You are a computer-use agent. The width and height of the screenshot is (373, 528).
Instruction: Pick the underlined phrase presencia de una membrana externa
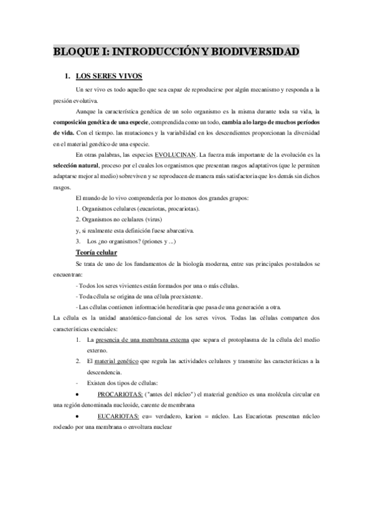[x=143, y=340]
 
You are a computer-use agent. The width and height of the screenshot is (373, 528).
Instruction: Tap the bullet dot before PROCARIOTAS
[x=76, y=395]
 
